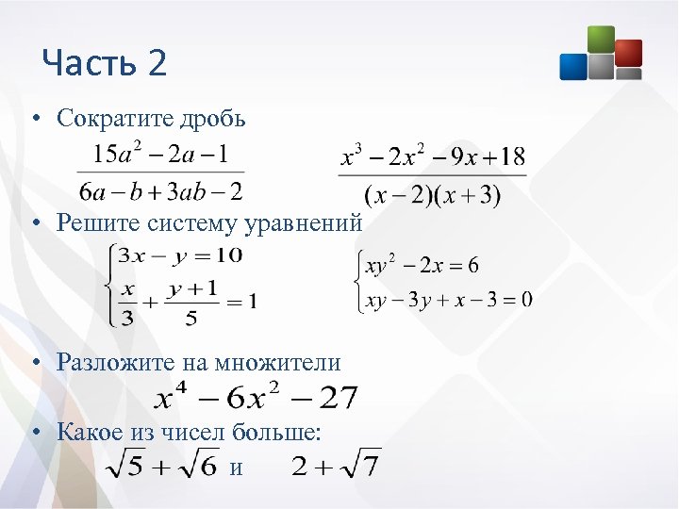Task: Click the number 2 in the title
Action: pyautogui.click(x=157, y=64)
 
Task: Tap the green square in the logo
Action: pyautogui.click(x=600, y=40)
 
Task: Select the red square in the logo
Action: pyautogui.click(x=627, y=52)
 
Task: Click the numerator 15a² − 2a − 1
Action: pyautogui.click(x=159, y=153)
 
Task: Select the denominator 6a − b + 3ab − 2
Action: pyautogui.click(x=161, y=191)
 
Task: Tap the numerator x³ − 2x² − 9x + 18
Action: pyautogui.click(x=432, y=156)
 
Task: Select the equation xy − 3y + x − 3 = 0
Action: pyautogui.click(x=449, y=300)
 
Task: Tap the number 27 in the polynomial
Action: pyautogui.click(x=338, y=399)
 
